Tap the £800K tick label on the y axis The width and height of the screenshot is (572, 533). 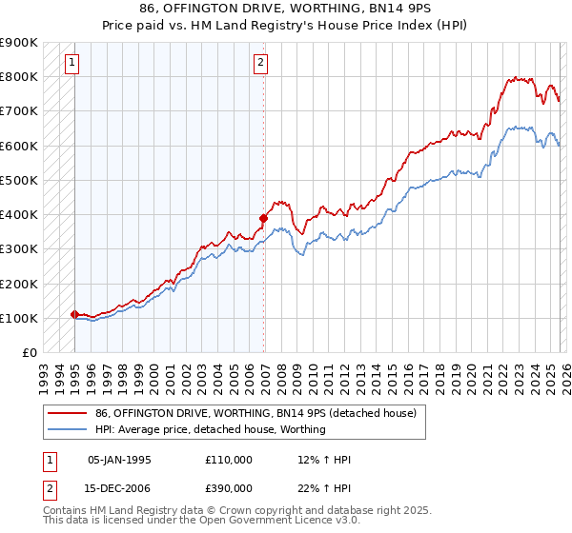(x=19, y=77)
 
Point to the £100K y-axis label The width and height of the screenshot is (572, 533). (x=19, y=318)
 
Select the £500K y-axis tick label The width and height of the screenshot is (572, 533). (x=19, y=180)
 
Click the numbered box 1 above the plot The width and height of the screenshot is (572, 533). (x=72, y=64)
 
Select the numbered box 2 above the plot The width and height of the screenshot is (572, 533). (x=260, y=64)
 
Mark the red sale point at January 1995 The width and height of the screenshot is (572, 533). (x=75, y=314)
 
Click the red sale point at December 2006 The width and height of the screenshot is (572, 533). (x=263, y=218)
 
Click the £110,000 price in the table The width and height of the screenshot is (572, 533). (x=229, y=460)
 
